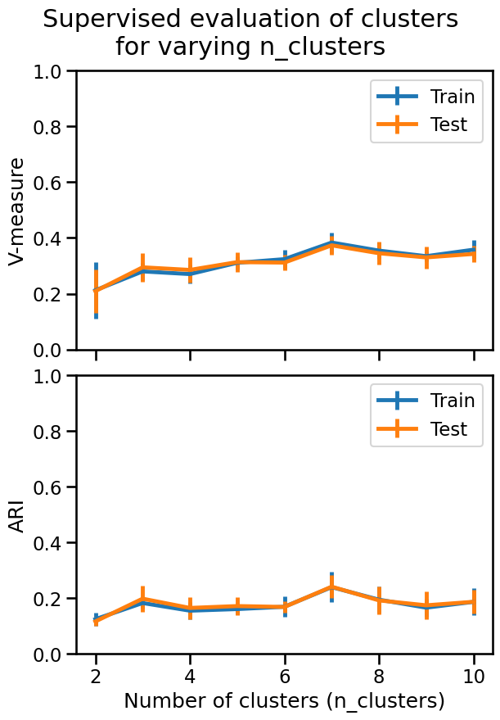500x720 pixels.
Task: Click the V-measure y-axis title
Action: [x=16, y=211]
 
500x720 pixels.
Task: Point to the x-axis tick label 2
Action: [x=96, y=677]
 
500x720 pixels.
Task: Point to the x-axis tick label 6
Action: [x=285, y=677]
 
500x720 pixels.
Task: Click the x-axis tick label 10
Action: [x=474, y=677]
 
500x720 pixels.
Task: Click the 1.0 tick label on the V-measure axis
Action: [x=47, y=71]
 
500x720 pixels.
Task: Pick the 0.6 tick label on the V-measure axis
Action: [x=47, y=183]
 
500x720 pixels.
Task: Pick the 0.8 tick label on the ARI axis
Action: [x=47, y=432]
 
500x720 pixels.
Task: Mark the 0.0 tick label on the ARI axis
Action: [x=47, y=654]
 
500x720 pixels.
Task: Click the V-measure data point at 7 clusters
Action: [x=331, y=244]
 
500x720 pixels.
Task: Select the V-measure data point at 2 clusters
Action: [x=96, y=290]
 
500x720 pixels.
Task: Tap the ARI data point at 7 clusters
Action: [x=331, y=586]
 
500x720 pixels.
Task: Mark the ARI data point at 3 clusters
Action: [x=143, y=600]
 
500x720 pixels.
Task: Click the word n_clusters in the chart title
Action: [x=322, y=47]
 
